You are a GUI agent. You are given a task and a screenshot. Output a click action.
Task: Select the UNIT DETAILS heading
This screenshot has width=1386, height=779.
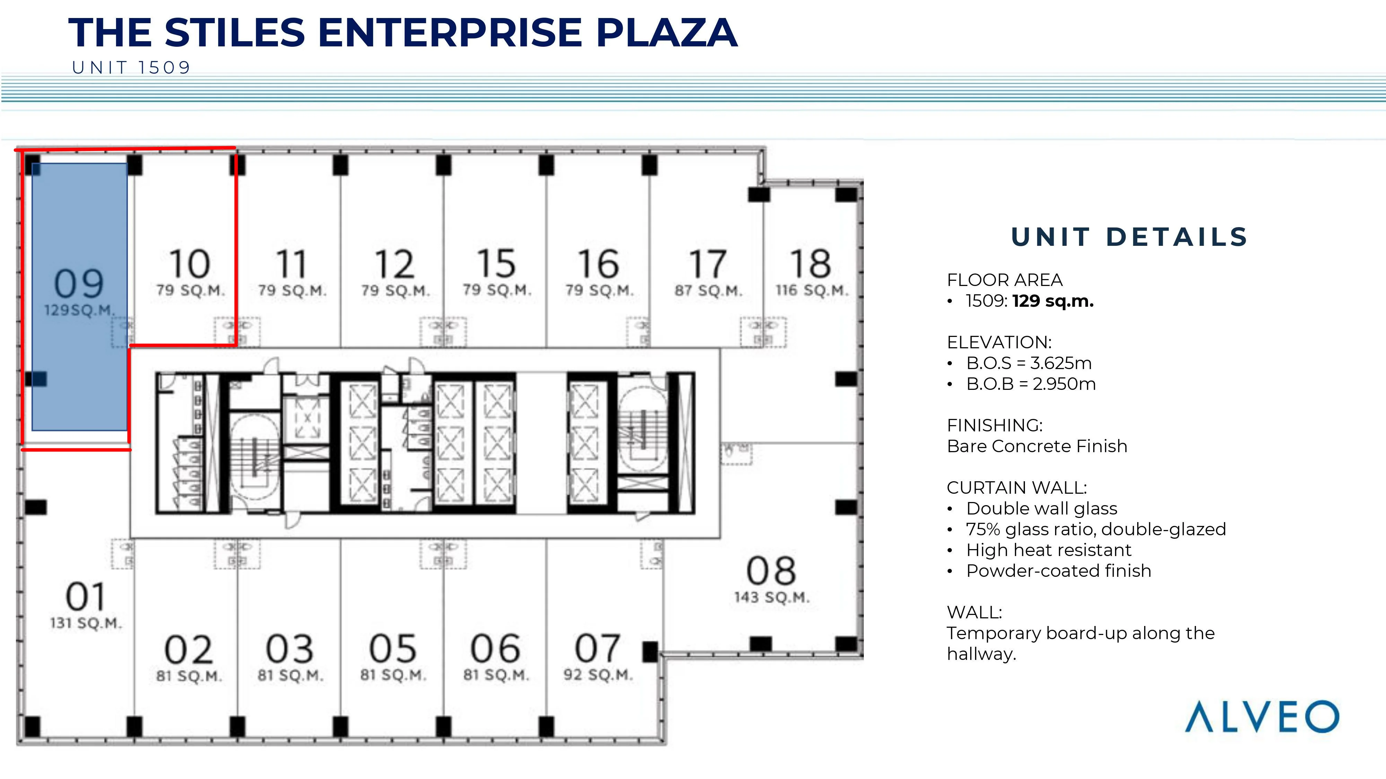[1129, 237]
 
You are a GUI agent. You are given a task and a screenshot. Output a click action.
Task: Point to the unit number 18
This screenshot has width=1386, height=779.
[811, 263]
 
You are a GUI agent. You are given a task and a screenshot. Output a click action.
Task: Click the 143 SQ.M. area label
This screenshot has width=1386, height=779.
[772, 597]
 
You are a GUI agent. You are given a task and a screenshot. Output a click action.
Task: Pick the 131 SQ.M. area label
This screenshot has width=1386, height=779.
[86, 623]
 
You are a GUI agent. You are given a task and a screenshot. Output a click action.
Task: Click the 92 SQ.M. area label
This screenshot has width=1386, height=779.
[598, 675]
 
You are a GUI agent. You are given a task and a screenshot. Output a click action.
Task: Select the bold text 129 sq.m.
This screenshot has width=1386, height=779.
[1053, 301]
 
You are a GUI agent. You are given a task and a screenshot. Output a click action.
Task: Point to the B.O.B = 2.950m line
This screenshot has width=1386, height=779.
[1031, 384]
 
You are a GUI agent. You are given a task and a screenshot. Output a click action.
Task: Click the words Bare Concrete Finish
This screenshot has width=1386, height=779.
[1037, 446]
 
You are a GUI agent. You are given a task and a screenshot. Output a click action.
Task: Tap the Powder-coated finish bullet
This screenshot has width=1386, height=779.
[1058, 571]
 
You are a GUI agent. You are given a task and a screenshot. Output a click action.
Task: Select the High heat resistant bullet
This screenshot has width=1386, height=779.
[1049, 550]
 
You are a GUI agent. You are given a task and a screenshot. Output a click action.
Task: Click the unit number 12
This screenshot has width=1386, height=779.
[394, 264]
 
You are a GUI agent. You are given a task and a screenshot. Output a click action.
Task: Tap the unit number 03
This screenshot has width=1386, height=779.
[290, 648]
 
